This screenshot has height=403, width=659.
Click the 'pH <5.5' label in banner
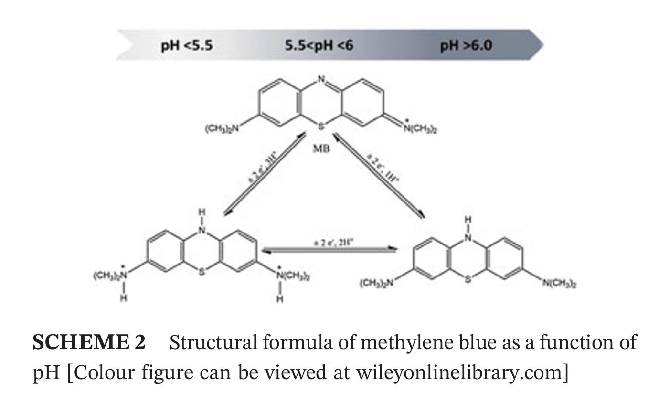tap(187, 46)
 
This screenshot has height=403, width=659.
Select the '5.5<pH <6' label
tap(319, 46)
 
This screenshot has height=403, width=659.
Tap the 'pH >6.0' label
tap(466, 46)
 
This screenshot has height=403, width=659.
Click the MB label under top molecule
tap(321, 148)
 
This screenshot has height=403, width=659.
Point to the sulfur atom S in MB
tap(321, 126)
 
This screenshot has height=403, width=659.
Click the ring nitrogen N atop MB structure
tap(321, 80)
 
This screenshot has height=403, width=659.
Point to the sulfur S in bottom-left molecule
tap(202, 271)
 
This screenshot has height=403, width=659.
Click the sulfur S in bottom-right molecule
tap(468, 279)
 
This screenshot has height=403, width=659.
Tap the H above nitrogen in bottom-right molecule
tap(468, 220)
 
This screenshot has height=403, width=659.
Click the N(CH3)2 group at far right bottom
tap(559, 284)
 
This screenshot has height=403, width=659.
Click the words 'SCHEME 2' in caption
tap(89, 342)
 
